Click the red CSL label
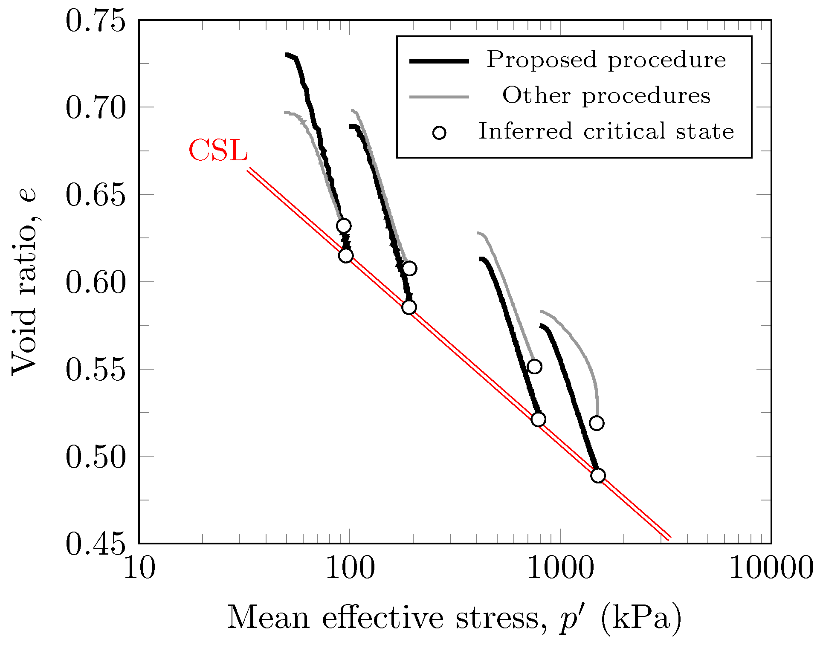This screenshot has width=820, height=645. [x=218, y=150]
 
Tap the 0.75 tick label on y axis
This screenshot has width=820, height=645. [x=96, y=21]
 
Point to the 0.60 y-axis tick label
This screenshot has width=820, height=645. [x=96, y=283]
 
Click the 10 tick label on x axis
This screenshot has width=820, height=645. [x=139, y=568]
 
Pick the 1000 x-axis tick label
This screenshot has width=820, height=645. [x=560, y=568]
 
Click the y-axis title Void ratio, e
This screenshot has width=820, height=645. [x=24, y=281]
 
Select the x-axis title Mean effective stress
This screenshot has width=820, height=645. [x=455, y=618]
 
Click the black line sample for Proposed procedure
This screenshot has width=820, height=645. [x=439, y=61]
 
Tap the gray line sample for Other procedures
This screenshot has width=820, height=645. [x=439, y=97]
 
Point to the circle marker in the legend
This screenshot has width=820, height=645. [x=439, y=133]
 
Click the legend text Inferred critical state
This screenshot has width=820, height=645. [x=606, y=131]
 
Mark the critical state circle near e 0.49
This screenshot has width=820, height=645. [x=598, y=475]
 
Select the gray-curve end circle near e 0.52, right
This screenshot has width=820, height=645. [x=597, y=423]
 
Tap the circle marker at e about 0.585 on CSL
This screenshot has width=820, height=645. [x=409, y=307]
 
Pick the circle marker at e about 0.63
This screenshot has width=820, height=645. [x=344, y=226]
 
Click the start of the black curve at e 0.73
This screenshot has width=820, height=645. [x=287, y=55]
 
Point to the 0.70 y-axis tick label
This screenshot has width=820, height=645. [x=96, y=108]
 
